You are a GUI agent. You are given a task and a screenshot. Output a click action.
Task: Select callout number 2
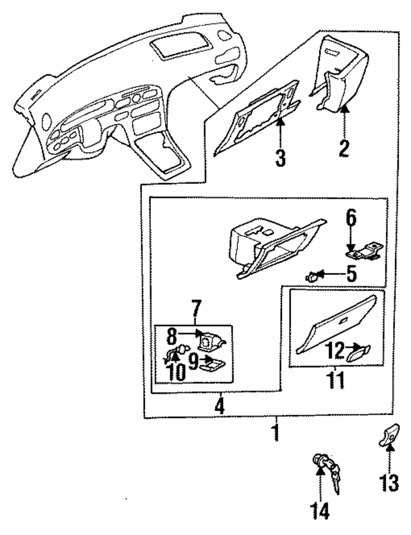pos(345,148)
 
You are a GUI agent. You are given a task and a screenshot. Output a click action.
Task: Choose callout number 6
pos(351,218)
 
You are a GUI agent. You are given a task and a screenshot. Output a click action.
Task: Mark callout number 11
pos(337,380)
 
